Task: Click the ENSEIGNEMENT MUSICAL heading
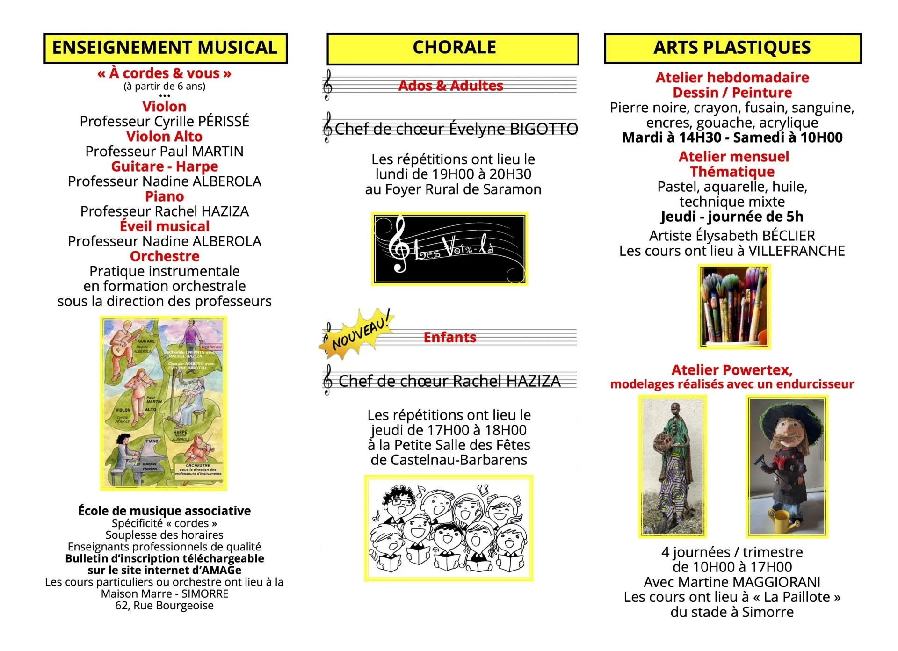tap(165, 48)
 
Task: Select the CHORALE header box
tap(453, 48)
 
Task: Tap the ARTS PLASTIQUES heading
tap(732, 48)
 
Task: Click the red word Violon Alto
tap(164, 137)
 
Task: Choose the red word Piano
tap(165, 196)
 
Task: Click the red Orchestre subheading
tap(165, 256)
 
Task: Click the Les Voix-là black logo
tap(449, 249)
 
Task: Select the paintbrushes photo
tap(734, 307)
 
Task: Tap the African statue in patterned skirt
tap(673, 465)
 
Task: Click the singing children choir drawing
tap(449, 528)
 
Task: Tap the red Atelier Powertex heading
tap(732, 370)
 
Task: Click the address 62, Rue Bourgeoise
tap(164, 606)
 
